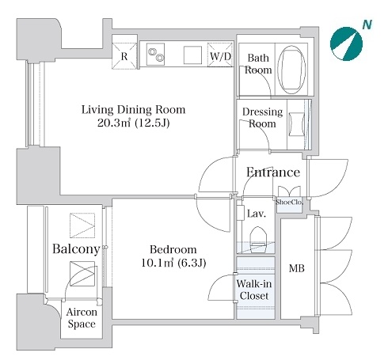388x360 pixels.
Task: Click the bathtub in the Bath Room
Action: pos(292,70)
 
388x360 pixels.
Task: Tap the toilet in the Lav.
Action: pos(258,240)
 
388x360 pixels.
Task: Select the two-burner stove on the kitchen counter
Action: pos(155,54)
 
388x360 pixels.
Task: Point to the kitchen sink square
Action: pos(192,55)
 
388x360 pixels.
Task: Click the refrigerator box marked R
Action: pos(124,56)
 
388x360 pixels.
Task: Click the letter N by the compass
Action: pos(367,25)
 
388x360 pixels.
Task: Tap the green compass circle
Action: pos(346,44)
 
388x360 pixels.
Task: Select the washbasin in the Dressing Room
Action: pos(297,124)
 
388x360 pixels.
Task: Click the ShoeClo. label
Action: pos(289,203)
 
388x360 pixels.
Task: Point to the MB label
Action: pos(297,268)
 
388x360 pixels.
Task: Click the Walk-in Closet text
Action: pos(254,290)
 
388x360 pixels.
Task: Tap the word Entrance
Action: pos(273,172)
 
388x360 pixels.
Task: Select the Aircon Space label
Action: pos(82,318)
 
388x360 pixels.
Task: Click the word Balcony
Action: pos(76,248)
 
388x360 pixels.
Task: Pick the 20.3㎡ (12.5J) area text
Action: pos(133,123)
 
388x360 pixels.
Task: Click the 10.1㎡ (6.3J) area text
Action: pos(173,263)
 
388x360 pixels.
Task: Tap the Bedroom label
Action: pos(173,249)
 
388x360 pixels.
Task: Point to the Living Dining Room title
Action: pos(133,110)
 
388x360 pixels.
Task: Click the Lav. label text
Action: pos(257,214)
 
